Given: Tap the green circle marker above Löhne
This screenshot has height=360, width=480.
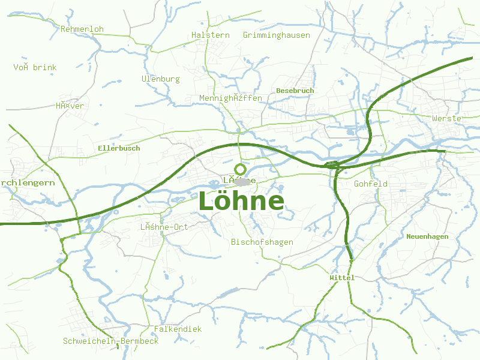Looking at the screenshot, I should pyautogui.click(x=240, y=169).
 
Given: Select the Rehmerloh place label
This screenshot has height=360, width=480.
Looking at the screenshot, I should pyautogui.click(x=82, y=29).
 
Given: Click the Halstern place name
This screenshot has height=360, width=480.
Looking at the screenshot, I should pyautogui.click(x=210, y=35).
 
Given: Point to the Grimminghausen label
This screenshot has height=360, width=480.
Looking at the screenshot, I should pyautogui.click(x=276, y=35).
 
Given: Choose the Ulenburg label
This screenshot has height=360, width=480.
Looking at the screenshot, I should pyautogui.click(x=160, y=79).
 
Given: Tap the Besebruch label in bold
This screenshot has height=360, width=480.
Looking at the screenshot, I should pyautogui.click(x=295, y=91).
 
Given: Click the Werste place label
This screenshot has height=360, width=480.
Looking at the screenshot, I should pyautogui.click(x=446, y=119).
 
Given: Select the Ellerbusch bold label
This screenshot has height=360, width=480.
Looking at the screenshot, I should pyautogui.click(x=119, y=148).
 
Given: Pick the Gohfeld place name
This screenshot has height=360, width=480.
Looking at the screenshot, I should pyautogui.click(x=370, y=184).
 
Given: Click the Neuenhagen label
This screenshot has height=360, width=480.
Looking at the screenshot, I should pyautogui.click(x=427, y=237).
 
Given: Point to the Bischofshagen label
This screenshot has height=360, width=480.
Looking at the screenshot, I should pyautogui.click(x=262, y=242).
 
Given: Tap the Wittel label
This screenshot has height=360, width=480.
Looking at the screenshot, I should pyautogui.click(x=342, y=278).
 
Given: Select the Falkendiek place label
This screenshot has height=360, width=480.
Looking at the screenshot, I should pyautogui.click(x=178, y=329).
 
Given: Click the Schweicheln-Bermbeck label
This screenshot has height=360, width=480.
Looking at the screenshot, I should pyautogui.click(x=110, y=341).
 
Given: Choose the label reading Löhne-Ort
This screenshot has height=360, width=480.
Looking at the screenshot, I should pyautogui.click(x=164, y=227).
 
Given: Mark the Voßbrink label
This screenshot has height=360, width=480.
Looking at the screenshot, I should pyautogui.click(x=35, y=68).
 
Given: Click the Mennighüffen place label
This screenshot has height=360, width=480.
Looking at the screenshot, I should pyautogui.click(x=230, y=98).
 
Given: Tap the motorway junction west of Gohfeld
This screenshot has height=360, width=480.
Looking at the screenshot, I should pyautogui.click(x=332, y=165).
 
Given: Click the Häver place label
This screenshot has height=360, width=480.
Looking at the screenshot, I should pyautogui.click(x=70, y=106).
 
